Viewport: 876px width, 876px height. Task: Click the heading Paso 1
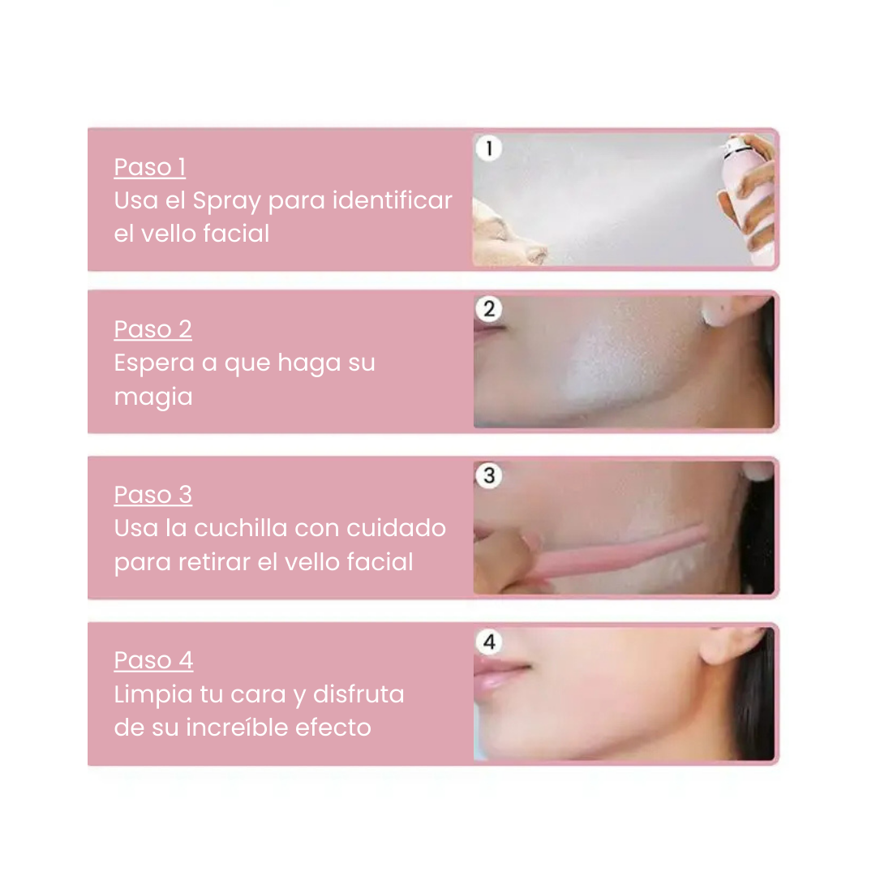(x=150, y=167)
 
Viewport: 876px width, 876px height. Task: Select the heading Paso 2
(x=153, y=329)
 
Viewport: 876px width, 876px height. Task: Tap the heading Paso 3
(x=153, y=495)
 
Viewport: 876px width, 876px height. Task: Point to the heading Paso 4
(x=153, y=659)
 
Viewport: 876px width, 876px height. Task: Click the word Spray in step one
(x=226, y=202)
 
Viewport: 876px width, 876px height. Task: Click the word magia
(x=153, y=398)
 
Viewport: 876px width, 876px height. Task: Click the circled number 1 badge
(x=489, y=148)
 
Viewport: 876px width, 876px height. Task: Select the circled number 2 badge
(x=489, y=309)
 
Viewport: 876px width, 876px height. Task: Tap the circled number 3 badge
(x=489, y=475)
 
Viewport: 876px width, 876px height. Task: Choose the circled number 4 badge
(x=489, y=642)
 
